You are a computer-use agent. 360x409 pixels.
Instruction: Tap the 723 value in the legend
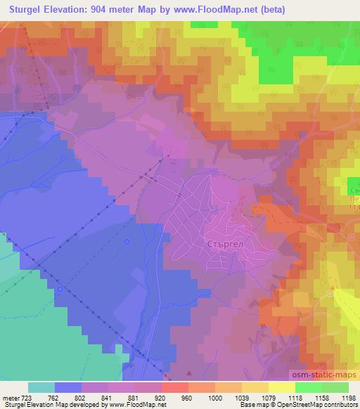pyautogui.click(x=26, y=397)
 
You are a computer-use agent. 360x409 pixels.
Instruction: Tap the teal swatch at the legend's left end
pyautogui.click(x=41, y=387)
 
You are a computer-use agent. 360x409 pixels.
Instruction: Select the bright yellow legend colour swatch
pyautogui.click(x=281, y=387)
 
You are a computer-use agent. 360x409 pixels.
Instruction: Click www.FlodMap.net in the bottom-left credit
pyautogui.click(x=134, y=405)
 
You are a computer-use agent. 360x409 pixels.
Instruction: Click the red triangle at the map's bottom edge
pyautogui.click(x=188, y=372)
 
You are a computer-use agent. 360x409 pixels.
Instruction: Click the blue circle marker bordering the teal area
pyautogui.click(x=60, y=289)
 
